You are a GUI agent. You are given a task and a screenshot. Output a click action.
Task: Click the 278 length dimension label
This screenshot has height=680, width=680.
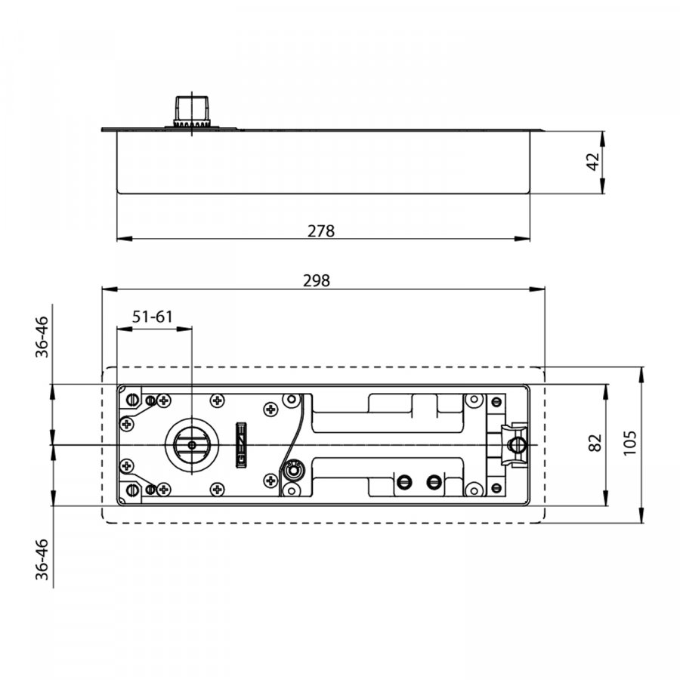tap(321, 230)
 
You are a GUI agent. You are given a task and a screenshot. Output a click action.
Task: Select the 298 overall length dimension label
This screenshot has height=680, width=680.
tap(316, 281)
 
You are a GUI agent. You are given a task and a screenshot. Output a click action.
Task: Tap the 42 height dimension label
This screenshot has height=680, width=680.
tap(593, 162)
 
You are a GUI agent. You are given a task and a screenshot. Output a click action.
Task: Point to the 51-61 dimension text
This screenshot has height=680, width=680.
tap(152, 317)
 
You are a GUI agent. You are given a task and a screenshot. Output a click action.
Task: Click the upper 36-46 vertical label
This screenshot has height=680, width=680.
tap(42, 337)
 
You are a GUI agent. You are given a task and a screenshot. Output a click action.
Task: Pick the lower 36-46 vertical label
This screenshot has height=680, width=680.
tap(42, 559)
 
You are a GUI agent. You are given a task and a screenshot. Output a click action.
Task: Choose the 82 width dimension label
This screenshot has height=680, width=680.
tap(595, 442)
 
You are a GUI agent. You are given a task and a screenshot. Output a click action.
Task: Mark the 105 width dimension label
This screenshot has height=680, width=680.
tap(629, 443)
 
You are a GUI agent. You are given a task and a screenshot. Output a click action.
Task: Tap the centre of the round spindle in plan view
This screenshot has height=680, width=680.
tap(192, 445)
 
